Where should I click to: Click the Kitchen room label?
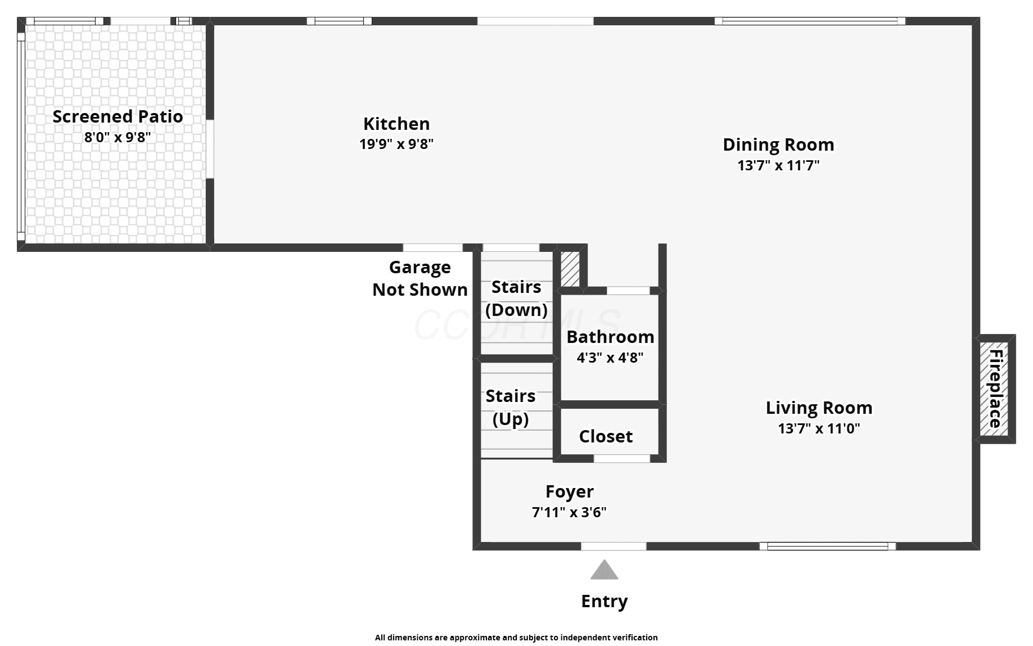pyautogui.click(x=396, y=124)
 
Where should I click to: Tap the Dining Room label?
pyautogui.click(x=778, y=144)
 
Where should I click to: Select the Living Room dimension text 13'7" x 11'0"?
pyautogui.click(x=819, y=428)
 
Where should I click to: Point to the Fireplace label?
pyautogui.click(x=995, y=388)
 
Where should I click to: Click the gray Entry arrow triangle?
pyautogui.click(x=605, y=570)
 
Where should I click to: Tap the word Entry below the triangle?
pyautogui.click(x=605, y=601)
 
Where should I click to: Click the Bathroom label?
pyautogui.click(x=610, y=337)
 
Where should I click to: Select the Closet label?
pyautogui.click(x=606, y=436)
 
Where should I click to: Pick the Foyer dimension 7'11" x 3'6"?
pyautogui.click(x=569, y=512)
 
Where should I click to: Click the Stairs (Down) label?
pyautogui.click(x=516, y=299)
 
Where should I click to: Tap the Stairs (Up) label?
pyautogui.click(x=511, y=408)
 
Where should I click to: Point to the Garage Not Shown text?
pyautogui.click(x=420, y=278)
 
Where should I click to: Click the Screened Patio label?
pyautogui.click(x=118, y=116)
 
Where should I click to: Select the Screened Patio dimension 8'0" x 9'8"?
pyautogui.click(x=118, y=137)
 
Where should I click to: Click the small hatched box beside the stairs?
pyautogui.click(x=570, y=269)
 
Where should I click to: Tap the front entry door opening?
pyautogui.click(x=614, y=546)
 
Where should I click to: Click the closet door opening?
pyautogui.click(x=622, y=459)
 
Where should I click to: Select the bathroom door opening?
pyautogui.click(x=628, y=291)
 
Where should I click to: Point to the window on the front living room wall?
pyautogui.click(x=827, y=546)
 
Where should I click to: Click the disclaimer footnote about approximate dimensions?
pyautogui.click(x=516, y=638)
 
